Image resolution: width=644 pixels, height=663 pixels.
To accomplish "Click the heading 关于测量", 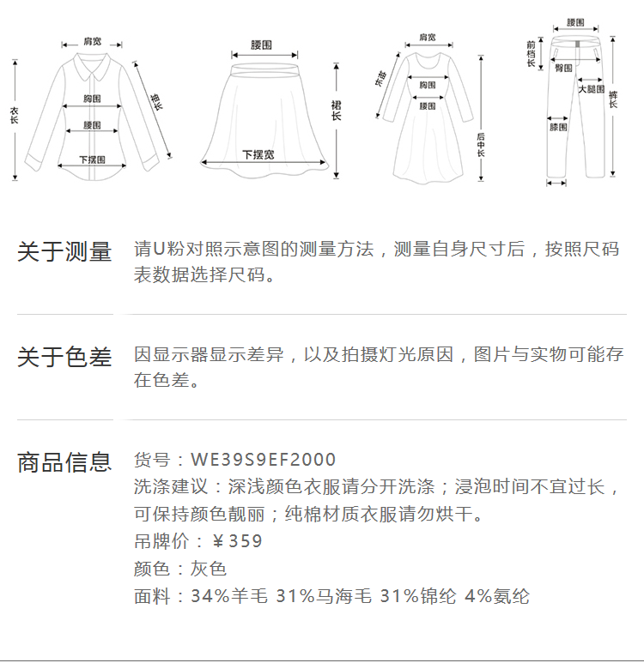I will click(x=64, y=252).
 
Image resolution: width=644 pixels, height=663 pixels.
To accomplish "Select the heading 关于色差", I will click(x=64, y=357).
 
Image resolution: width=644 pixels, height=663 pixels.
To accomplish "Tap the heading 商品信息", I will click(x=64, y=462).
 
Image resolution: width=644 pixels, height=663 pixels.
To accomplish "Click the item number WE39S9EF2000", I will click(x=264, y=461).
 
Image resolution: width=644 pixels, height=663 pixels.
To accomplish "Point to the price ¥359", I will click(x=237, y=541).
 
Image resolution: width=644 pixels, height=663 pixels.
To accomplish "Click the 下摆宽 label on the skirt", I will click(x=258, y=154).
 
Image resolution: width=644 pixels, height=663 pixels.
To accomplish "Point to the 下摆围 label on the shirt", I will click(x=92, y=160).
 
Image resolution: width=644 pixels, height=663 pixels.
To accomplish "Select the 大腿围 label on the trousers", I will click(x=591, y=89).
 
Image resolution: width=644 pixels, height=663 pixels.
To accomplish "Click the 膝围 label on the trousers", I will click(x=558, y=128).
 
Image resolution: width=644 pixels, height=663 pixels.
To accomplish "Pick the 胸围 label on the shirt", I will click(x=93, y=99).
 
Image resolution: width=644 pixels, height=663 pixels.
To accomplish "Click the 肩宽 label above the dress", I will click(x=427, y=38).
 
